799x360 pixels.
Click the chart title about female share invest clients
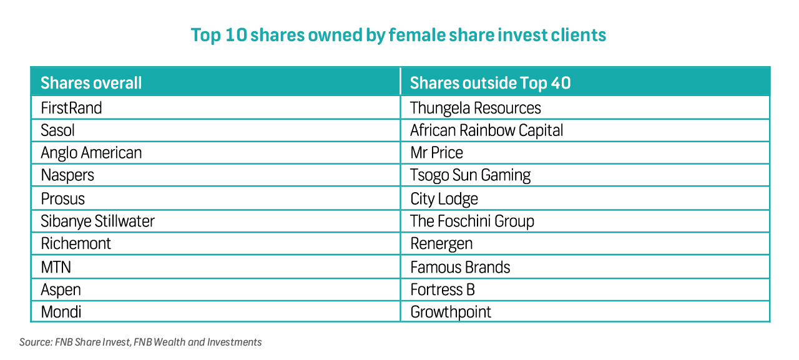[398, 35]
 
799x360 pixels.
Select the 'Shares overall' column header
[91, 83]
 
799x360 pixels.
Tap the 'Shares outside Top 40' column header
[490, 83]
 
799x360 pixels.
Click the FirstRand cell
[71, 108]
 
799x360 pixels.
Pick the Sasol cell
[57, 130]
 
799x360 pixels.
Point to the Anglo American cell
[91, 153]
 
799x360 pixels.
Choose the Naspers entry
[67, 175]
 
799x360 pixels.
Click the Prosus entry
[62, 198]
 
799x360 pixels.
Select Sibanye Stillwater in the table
[97, 221]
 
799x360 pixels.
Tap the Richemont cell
[76, 243]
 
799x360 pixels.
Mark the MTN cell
[56, 267]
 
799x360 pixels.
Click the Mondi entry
[61, 312]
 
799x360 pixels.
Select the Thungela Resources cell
[475, 108]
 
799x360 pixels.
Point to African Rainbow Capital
[486, 130]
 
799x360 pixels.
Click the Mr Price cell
[436, 153]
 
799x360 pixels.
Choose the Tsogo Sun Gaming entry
[470, 175]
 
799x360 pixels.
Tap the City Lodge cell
[444, 198]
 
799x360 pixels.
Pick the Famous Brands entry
[460, 267]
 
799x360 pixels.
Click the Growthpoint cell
[451, 312]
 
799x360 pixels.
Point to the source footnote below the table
[140, 342]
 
